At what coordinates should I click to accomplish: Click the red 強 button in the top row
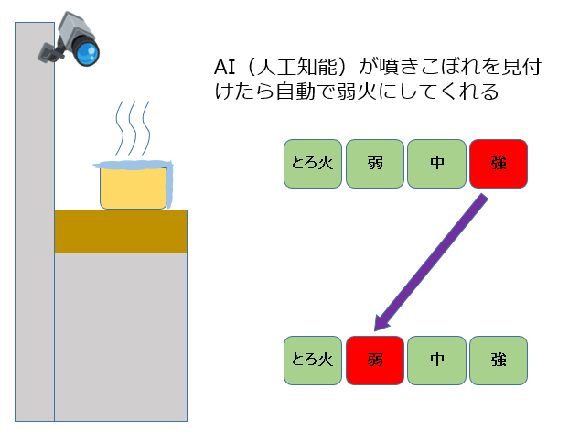click(499, 165)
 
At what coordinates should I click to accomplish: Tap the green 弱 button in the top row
click(375, 165)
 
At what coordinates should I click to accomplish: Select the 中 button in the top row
click(436, 165)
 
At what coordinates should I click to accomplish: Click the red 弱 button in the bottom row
click(375, 359)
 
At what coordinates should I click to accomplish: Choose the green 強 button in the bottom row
click(499, 359)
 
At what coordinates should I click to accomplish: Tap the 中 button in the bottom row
click(436, 359)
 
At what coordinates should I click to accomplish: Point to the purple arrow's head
click(382, 322)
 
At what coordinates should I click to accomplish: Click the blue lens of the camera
click(87, 53)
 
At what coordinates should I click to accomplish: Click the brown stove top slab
click(120, 231)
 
